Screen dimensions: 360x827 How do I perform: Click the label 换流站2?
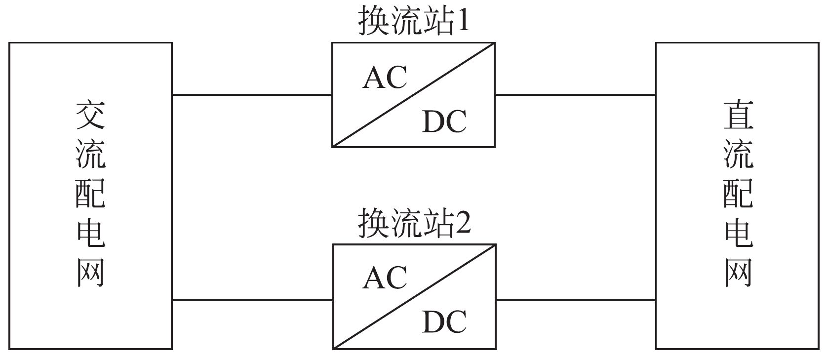coord(414,224)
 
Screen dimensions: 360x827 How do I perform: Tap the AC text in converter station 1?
coord(385,78)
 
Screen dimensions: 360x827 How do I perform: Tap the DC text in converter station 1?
coord(444,121)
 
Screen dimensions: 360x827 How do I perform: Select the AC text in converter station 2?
coord(385,278)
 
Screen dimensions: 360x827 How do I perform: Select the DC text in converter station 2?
coord(444,322)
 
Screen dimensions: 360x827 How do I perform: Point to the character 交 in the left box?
coord(91,116)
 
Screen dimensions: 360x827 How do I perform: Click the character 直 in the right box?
coord(738,116)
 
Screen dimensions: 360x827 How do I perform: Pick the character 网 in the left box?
coord(91,273)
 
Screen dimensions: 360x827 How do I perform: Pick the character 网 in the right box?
coord(738,273)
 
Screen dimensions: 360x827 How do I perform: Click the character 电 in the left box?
coord(91,233)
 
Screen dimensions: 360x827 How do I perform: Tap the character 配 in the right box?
coord(738,194)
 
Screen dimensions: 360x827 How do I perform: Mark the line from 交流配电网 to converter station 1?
coord(252,94)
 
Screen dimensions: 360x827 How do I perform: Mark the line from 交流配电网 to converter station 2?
coord(252,300)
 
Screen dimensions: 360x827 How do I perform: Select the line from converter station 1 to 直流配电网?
coord(575,94)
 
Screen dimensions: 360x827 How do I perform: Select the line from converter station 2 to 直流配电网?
coord(575,300)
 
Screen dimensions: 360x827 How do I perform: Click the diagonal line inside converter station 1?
coord(413,95)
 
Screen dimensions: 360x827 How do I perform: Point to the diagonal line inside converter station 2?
coord(414,297)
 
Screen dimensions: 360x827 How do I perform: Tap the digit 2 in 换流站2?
coord(464,224)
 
